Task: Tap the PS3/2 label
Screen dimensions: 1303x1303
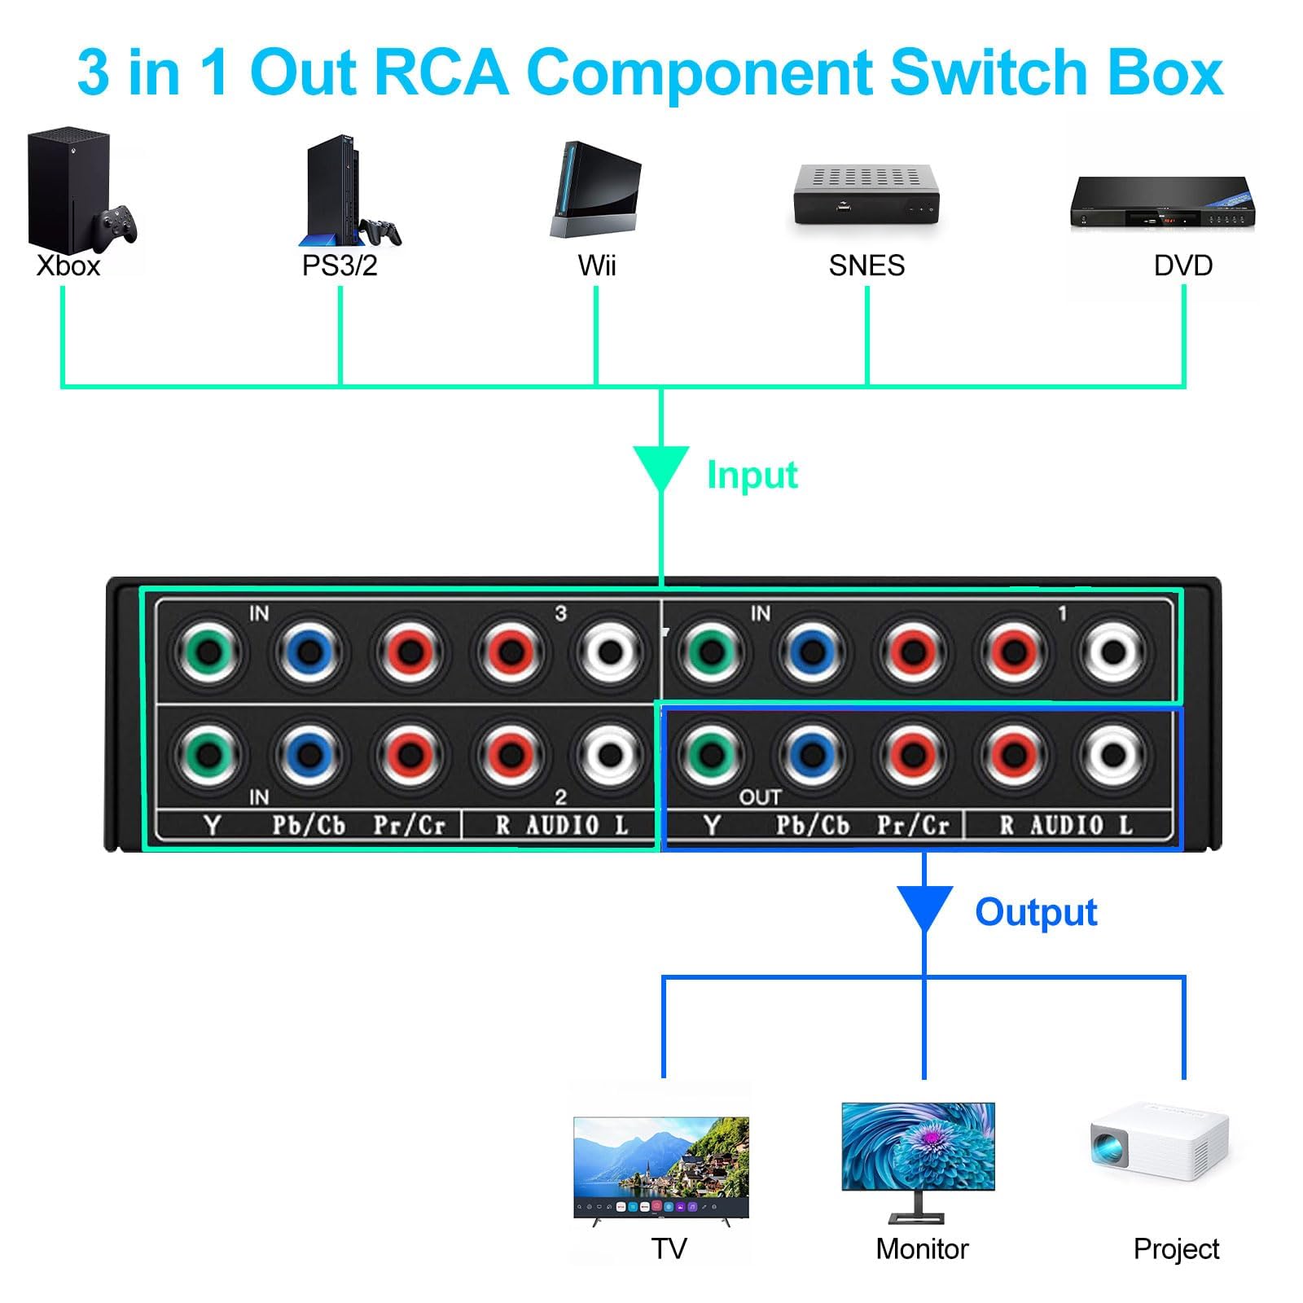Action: click(340, 266)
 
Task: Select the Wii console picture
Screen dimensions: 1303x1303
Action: click(596, 191)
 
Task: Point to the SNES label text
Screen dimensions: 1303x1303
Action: click(866, 266)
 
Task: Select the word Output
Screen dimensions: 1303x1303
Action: click(1036, 912)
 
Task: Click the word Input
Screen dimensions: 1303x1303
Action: click(752, 475)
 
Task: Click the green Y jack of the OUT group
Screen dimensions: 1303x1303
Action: click(711, 754)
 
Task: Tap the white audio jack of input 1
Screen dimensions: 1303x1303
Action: click(1113, 651)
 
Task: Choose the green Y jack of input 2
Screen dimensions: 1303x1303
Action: click(208, 754)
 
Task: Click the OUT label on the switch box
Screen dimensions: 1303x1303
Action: click(760, 797)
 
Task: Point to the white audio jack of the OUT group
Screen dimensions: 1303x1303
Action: click(1113, 754)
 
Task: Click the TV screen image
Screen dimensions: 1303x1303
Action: click(661, 1167)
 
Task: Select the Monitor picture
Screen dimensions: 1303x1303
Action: click(918, 1160)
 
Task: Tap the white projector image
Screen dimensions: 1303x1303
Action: click(1160, 1140)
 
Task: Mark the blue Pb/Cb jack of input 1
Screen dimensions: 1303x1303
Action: click(812, 651)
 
